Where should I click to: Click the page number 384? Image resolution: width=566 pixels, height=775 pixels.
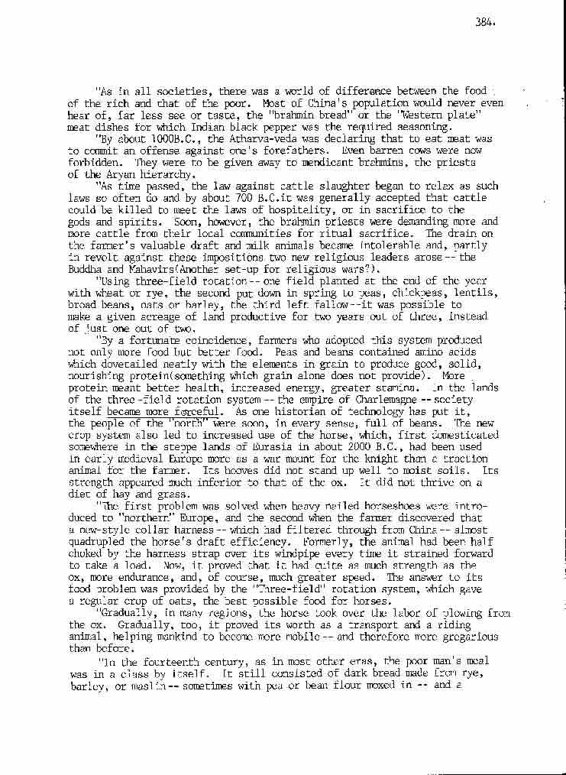point(485,21)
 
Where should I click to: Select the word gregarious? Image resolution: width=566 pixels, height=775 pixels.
point(466,636)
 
